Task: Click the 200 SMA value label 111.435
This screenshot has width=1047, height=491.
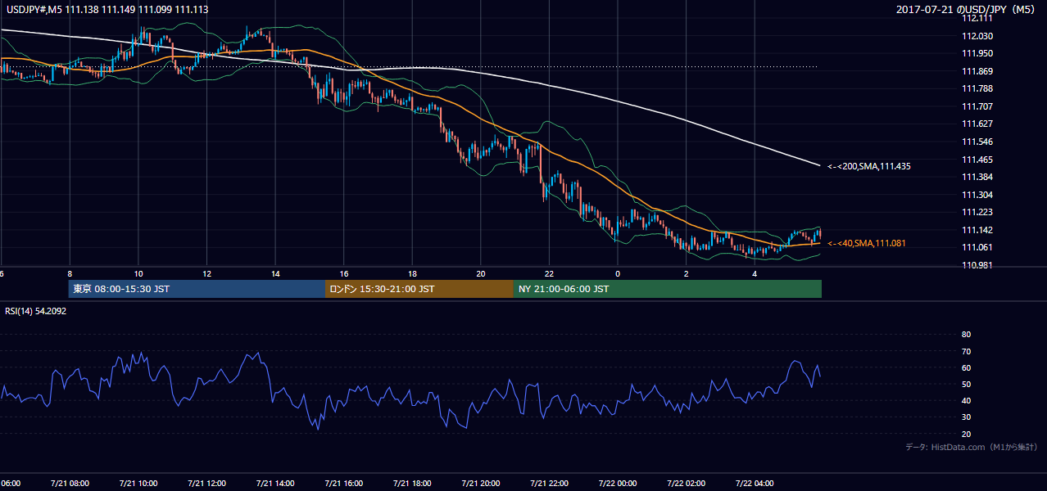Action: pos(869,166)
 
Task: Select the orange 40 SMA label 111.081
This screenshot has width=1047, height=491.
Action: pos(866,243)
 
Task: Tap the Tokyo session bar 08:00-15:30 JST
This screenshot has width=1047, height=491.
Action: pos(197,289)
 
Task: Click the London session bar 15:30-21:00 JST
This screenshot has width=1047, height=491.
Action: pos(419,289)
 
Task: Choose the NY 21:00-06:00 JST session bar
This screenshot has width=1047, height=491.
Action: pos(668,289)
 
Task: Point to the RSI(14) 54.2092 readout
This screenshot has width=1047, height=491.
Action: pos(35,311)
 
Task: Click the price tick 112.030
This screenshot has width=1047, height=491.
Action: pos(977,36)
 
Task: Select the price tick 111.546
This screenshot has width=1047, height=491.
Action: pos(977,142)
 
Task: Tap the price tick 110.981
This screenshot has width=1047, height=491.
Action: pos(977,265)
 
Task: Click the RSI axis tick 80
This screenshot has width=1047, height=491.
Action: pos(966,334)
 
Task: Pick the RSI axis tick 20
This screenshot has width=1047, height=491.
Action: pos(966,434)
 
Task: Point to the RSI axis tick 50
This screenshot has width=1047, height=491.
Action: pos(966,384)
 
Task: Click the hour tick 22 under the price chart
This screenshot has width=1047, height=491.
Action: pos(549,274)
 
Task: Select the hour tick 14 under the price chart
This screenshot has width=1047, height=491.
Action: pos(275,274)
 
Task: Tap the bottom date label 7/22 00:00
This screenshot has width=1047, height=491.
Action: pos(618,483)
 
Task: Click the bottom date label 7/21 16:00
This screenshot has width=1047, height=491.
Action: pos(343,483)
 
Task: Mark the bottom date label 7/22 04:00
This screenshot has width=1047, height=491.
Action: pos(755,483)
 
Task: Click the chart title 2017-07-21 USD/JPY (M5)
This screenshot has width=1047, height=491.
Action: pos(966,9)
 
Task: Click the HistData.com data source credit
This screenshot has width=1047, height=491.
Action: pos(972,447)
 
